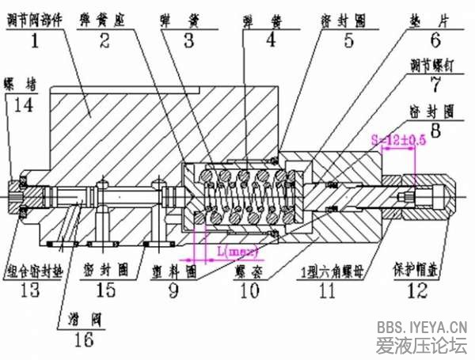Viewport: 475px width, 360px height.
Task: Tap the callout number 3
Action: click(188, 37)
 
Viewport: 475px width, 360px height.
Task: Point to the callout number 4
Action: click(271, 37)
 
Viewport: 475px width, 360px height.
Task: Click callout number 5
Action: click(349, 37)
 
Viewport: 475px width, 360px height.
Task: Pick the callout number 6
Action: click(435, 37)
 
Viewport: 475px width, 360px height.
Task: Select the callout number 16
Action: click(83, 340)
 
